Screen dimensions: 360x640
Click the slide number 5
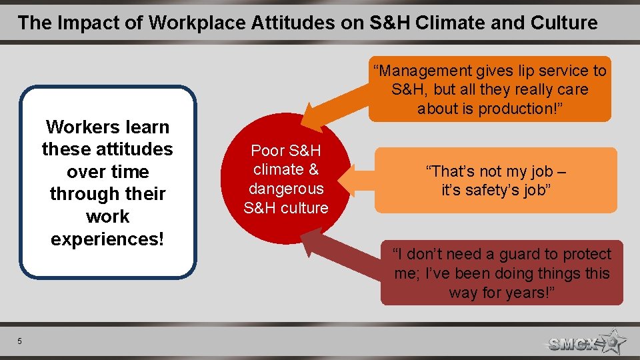point(20,341)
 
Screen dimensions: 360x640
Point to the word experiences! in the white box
point(107,239)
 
